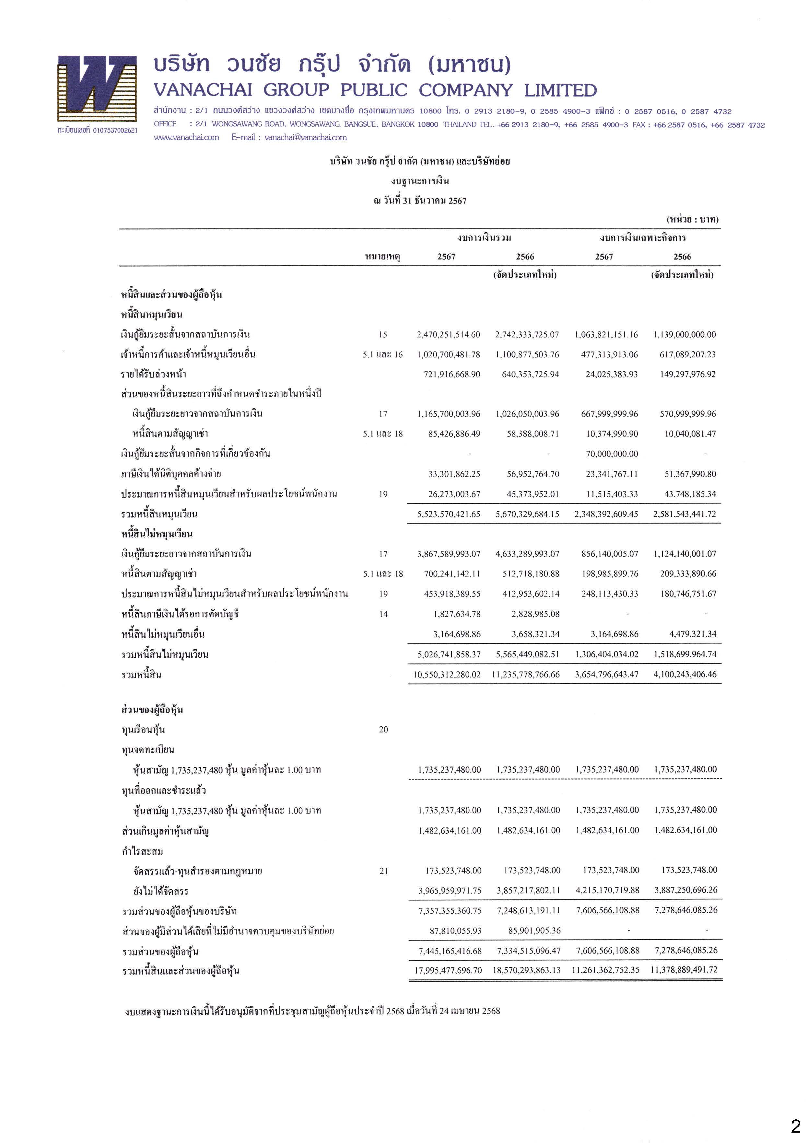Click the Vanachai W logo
(x=97, y=89)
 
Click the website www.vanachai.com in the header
(x=186, y=137)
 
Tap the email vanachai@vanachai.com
(x=305, y=137)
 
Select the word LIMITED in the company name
(x=560, y=91)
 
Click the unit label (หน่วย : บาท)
(x=692, y=219)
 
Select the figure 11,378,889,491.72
(x=684, y=970)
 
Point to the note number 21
(x=383, y=871)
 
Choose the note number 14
(x=383, y=614)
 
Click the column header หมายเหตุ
(x=382, y=257)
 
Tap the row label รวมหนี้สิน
(x=142, y=675)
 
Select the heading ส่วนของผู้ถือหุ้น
(x=152, y=710)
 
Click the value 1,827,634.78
(x=457, y=614)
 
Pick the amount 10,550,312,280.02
(x=447, y=675)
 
